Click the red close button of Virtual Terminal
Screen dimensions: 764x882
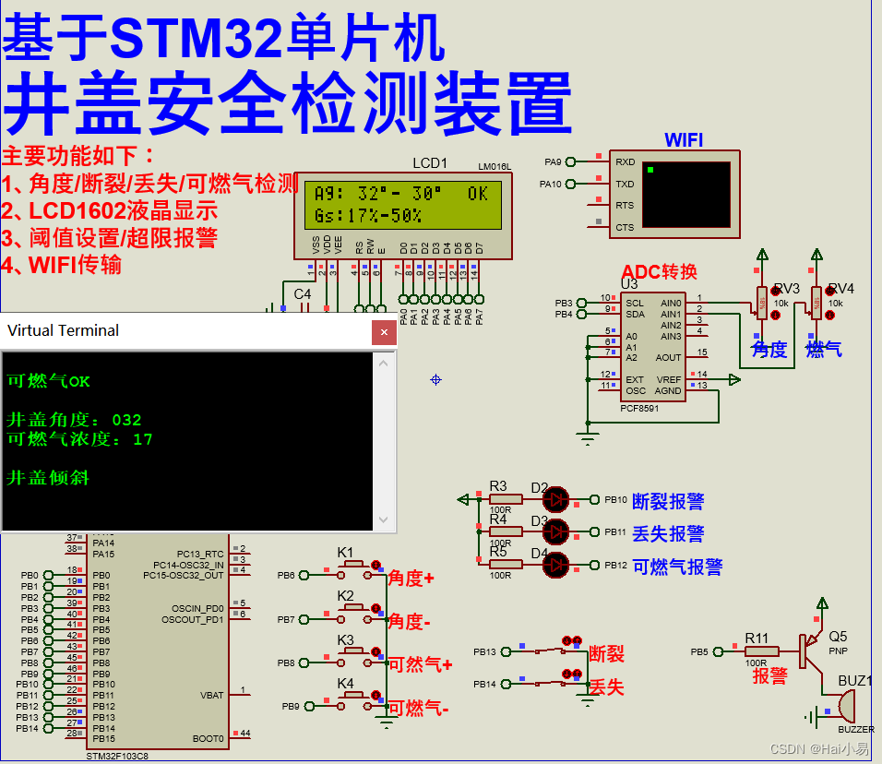[384, 331]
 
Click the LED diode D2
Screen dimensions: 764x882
[556, 499]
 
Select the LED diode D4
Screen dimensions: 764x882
[556, 564]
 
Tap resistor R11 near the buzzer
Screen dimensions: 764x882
[756, 651]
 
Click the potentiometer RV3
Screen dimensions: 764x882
[762, 300]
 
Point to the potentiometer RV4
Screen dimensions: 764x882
[816, 300]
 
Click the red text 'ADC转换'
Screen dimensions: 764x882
[659, 271]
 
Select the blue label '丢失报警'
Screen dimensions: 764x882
[668, 533]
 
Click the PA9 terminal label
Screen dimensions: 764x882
[552, 161]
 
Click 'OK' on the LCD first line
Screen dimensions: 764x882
[477, 194]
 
